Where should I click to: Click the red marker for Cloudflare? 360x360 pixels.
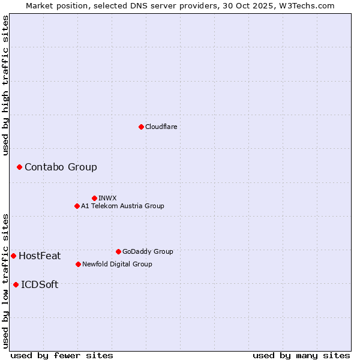tap(141, 127)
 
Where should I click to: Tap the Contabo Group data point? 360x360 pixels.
tap(19, 167)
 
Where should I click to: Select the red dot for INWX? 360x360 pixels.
tap(94, 198)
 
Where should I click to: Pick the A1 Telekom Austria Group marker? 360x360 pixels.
tap(77, 206)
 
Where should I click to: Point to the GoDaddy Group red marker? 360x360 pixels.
tap(118, 251)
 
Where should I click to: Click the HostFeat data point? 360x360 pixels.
tap(13, 256)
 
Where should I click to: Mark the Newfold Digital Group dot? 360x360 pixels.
tap(78, 264)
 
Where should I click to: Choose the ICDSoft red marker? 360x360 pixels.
tap(16, 284)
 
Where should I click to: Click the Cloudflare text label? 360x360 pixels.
tap(161, 127)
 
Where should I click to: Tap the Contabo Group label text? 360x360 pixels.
tap(61, 167)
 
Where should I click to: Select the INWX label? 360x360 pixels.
tap(107, 198)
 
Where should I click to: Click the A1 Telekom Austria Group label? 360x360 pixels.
tap(122, 206)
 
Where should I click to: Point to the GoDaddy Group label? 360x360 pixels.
tap(148, 251)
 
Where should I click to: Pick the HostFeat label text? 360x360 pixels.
tap(40, 256)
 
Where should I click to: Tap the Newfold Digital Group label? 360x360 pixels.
tap(117, 264)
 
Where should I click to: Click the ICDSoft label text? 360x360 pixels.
tap(40, 284)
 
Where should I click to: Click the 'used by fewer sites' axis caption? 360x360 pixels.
tap(62, 355)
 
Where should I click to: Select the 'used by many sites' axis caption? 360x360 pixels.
tap(301, 355)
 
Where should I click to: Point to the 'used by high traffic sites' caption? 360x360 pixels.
tap(5, 86)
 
